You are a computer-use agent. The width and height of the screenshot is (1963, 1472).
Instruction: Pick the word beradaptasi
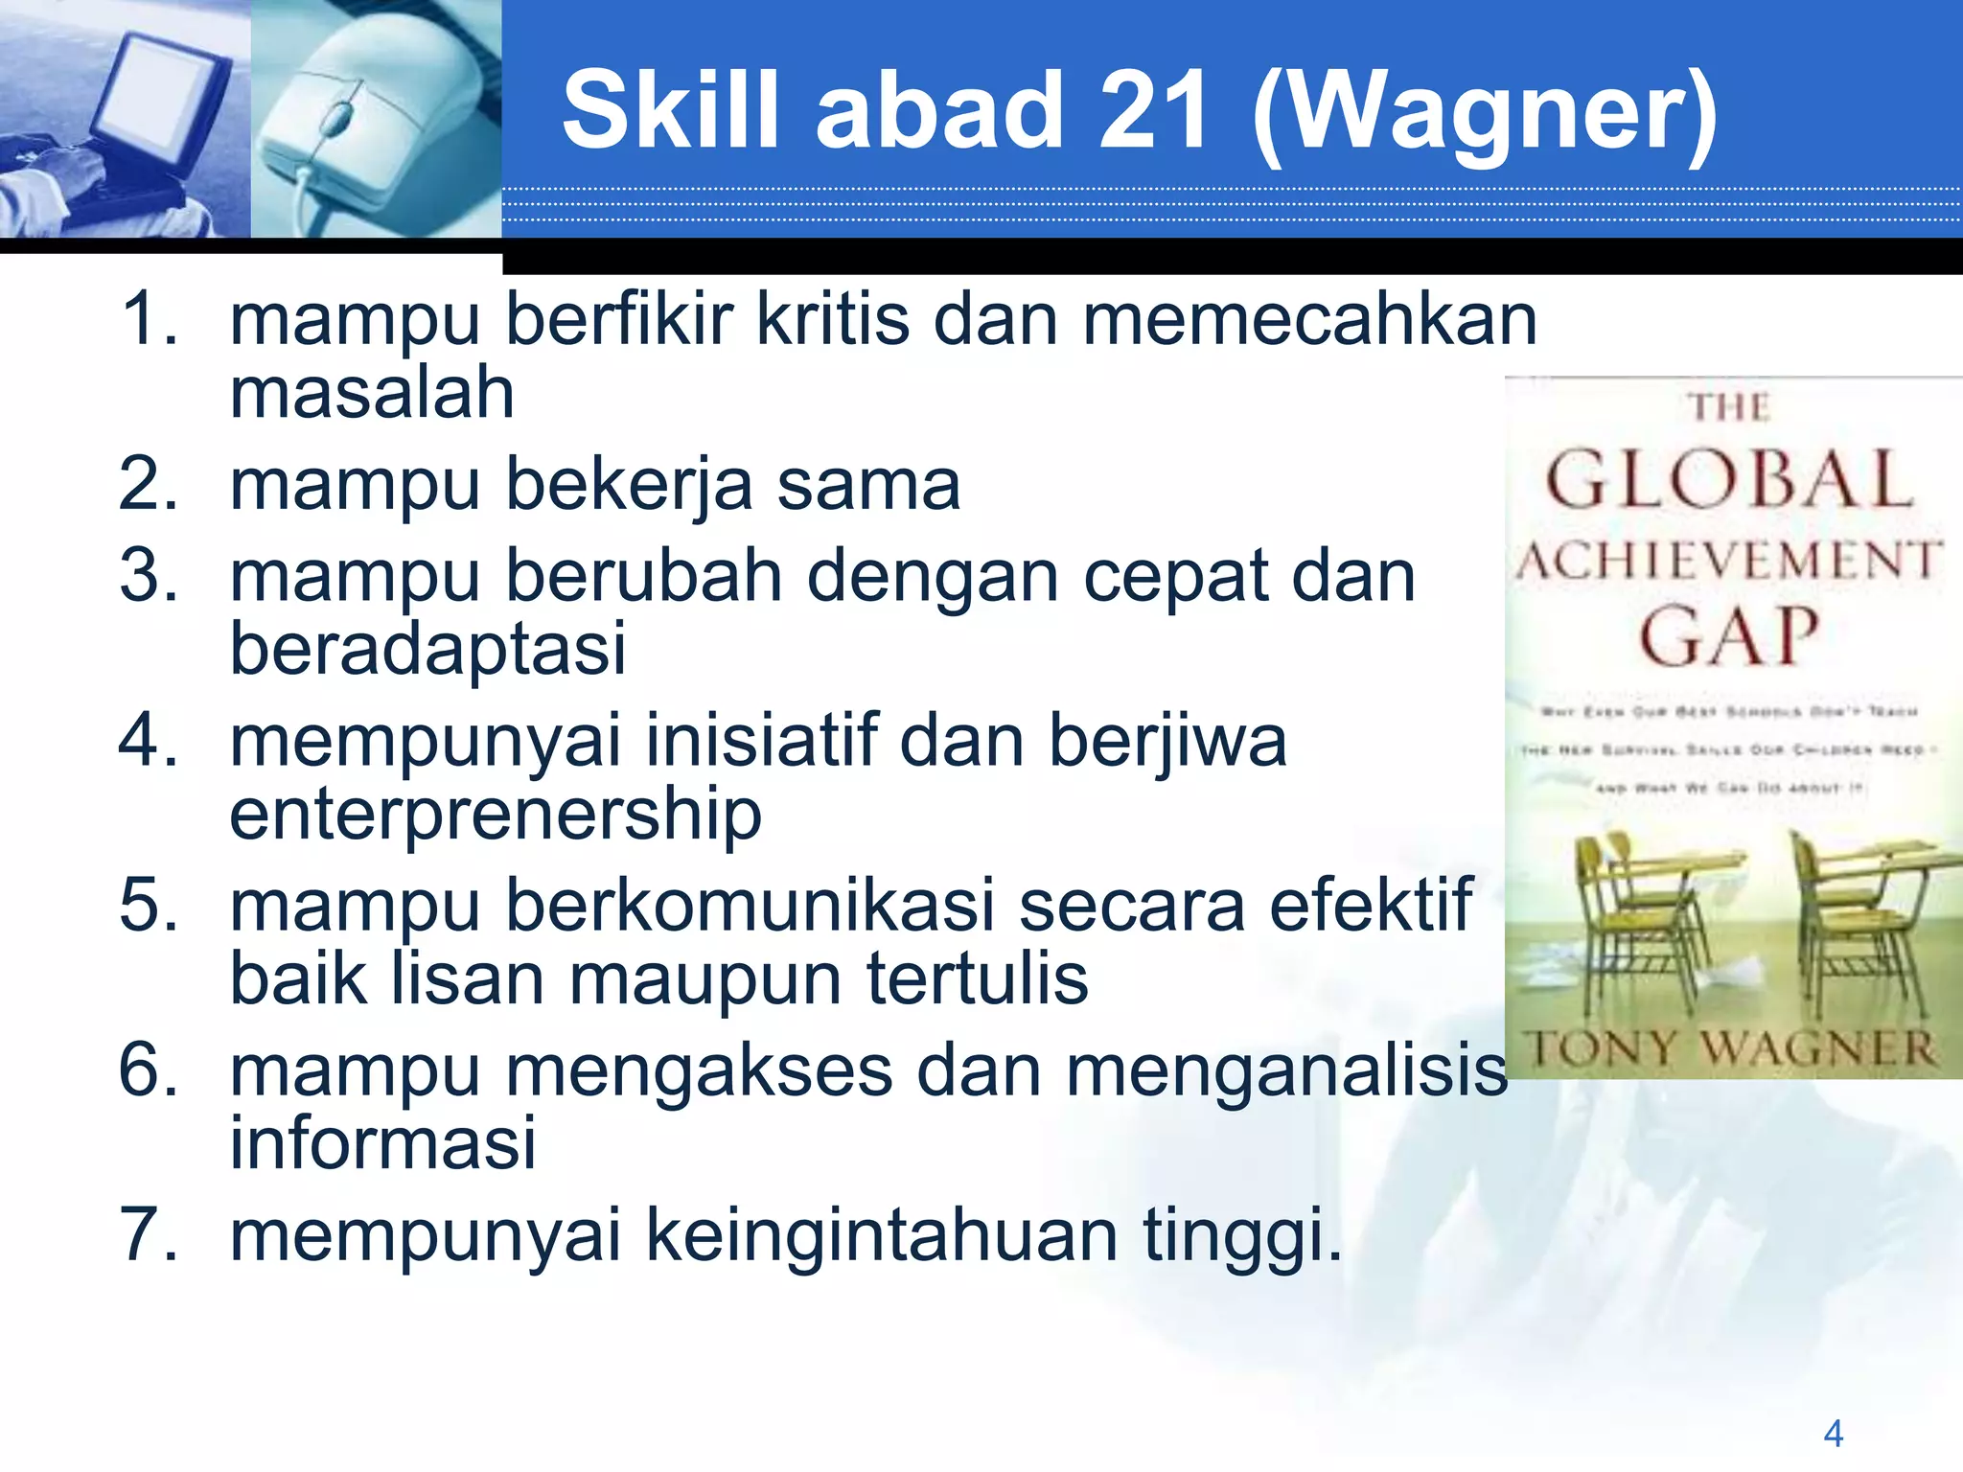coord(427,650)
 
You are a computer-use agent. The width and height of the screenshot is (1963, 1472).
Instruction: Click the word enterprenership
coord(496,816)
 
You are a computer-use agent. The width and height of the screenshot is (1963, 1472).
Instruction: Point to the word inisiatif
coord(762,742)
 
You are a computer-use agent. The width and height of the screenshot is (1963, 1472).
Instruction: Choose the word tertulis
coord(978,979)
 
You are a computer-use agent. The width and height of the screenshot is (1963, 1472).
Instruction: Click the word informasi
coord(382,1144)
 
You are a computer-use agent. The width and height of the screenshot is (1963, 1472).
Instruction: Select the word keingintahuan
coord(882,1237)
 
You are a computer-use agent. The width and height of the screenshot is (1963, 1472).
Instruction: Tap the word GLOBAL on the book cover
coord(1730,480)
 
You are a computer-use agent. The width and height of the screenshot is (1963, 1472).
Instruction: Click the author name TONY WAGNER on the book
coord(1731,1048)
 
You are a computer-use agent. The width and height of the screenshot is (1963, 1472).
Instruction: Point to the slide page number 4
coord(1833,1434)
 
